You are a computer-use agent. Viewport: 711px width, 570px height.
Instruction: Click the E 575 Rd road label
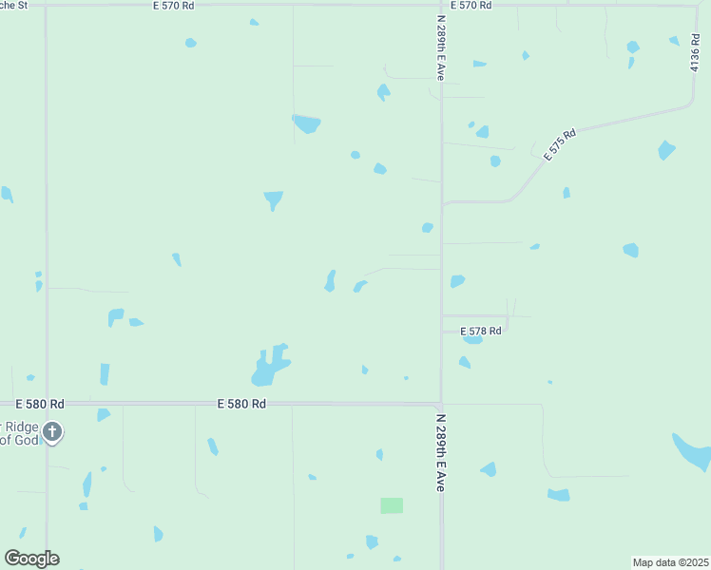click(561, 144)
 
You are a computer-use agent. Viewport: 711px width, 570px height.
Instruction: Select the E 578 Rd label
click(481, 332)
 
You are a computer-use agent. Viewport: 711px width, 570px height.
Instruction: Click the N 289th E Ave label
click(441, 451)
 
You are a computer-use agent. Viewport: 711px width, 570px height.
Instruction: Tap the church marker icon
click(52, 433)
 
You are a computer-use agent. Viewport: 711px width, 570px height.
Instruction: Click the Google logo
click(31, 559)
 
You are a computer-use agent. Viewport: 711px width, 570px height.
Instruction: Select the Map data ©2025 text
click(671, 562)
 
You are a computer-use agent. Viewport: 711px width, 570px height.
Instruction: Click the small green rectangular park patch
click(392, 505)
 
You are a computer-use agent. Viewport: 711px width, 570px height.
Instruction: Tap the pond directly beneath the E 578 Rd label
click(472, 340)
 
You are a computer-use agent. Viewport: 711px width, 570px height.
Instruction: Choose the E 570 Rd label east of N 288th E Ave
click(471, 6)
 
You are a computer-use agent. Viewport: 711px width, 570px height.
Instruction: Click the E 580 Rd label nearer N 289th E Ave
click(240, 404)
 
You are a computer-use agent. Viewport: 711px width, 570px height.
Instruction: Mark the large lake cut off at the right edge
click(694, 452)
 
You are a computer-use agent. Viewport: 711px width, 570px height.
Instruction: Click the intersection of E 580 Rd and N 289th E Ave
click(441, 404)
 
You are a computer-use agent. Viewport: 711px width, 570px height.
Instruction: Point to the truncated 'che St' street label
click(13, 6)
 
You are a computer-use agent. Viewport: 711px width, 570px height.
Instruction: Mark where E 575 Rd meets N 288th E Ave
click(442, 202)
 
